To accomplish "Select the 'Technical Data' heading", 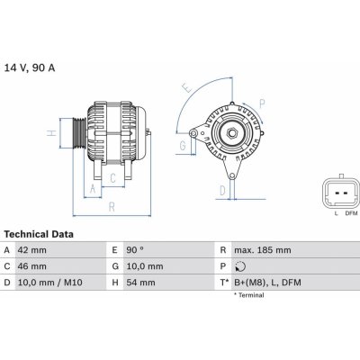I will pyautogui.click(x=38, y=233).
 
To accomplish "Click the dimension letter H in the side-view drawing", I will pyautogui.click(x=52, y=132).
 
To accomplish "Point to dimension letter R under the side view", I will pyautogui.click(x=111, y=206).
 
